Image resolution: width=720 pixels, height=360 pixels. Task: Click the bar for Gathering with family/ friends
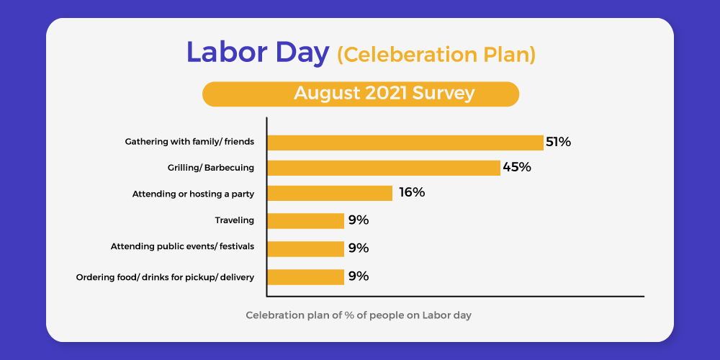click(405, 143)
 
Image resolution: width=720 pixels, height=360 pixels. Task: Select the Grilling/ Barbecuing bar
click(384, 168)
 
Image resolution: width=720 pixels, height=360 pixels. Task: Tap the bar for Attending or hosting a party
click(330, 193)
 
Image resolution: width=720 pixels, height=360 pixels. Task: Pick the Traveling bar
click(306, 221)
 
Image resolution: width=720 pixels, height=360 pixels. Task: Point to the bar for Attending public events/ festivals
click(306, 249)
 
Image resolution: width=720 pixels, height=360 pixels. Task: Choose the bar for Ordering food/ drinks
click(306, 277)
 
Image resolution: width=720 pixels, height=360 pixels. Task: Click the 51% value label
click(559, 143)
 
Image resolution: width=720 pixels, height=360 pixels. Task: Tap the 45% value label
click(517, 167)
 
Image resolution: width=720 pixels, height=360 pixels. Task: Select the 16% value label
click(412, 192)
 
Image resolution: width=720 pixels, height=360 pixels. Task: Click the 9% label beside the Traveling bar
click(359, 220)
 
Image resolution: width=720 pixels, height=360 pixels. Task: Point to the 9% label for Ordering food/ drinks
click(359, 276)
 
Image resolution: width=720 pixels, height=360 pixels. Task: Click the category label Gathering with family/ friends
click(189, 142)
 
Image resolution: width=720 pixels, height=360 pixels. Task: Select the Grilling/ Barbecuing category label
click(211, 168)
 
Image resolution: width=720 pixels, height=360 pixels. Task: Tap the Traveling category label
click(235, 220)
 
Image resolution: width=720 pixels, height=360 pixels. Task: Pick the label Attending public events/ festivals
click(182, 246)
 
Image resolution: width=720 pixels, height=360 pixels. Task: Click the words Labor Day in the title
click(258, 53)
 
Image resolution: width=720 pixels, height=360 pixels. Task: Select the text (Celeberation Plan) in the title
click(436, 55)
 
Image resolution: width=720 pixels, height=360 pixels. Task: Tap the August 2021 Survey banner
click(361, 94)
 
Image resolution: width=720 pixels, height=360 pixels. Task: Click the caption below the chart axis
click(359, 316)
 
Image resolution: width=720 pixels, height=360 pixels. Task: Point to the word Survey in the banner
click(443, 94)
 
